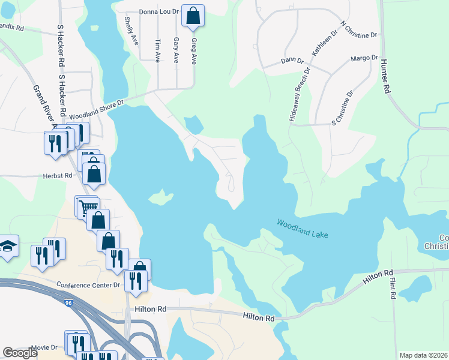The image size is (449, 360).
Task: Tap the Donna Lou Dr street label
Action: tap(159, 11)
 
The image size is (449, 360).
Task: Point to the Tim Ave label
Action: tap(158, 50)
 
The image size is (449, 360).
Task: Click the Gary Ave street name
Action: tap(176, 50)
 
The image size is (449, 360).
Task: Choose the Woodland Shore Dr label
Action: tap(96, 109)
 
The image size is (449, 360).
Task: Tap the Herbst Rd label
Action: tap(58, 176)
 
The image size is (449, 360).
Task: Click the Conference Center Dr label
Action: tap(88, 284)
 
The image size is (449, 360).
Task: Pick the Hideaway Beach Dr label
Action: tap(300, 95)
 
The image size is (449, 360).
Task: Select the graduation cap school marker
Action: tap(8, 246)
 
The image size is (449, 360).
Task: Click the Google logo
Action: tap(20, 353)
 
